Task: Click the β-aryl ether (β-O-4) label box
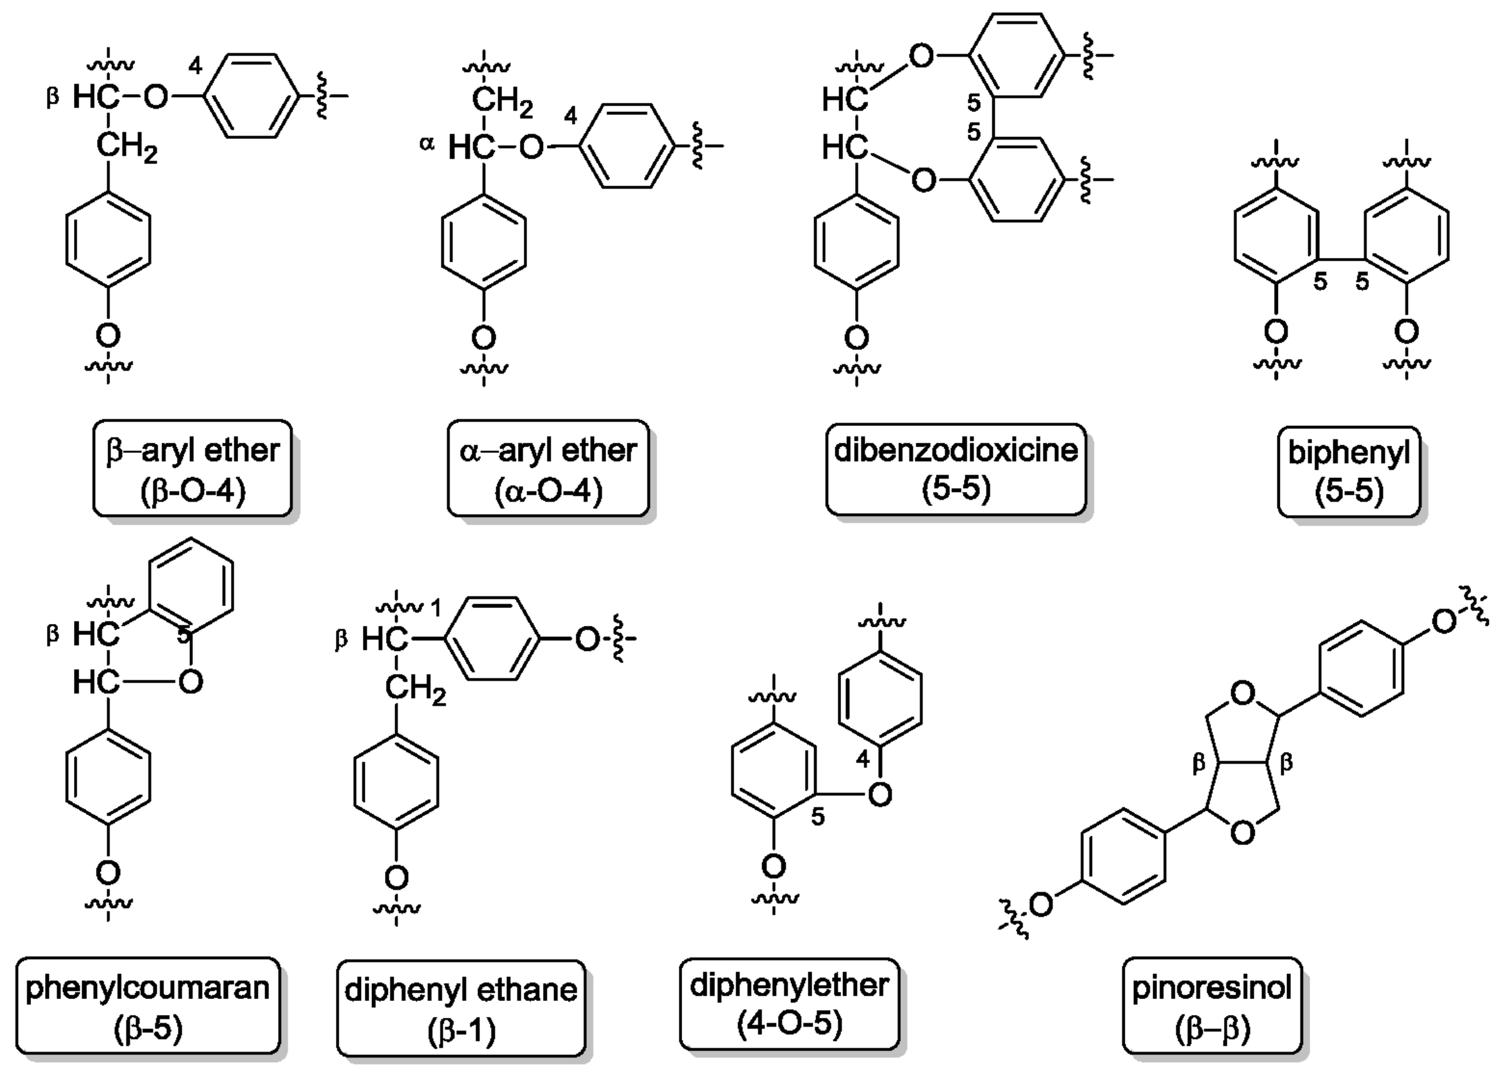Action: click(x=192, y=468)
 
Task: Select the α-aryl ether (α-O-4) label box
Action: click(x=548, y=468)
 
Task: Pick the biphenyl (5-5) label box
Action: click(x=1348, y=470)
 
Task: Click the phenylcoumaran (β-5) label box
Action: click(x=147, y=1005)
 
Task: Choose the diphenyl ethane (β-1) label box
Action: click(x=461, y=1007)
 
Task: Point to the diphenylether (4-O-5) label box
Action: click(x=789, y=1003)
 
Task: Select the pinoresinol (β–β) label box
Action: click(x=1211, y=1005)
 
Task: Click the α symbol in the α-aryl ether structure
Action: click(x=427, y=143)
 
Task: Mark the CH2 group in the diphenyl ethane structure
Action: click(x=415, y=690)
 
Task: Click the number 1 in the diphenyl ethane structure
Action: click(x=435, y=607)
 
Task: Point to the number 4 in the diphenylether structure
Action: click(x=862, y=760)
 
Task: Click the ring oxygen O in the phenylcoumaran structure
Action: click(x=190, y=681)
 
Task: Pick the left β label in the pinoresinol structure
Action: click(x=1199, y=764)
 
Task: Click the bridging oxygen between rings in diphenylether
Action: click(x=880, y=794)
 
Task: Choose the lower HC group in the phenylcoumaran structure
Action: click(x=97, y=681)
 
